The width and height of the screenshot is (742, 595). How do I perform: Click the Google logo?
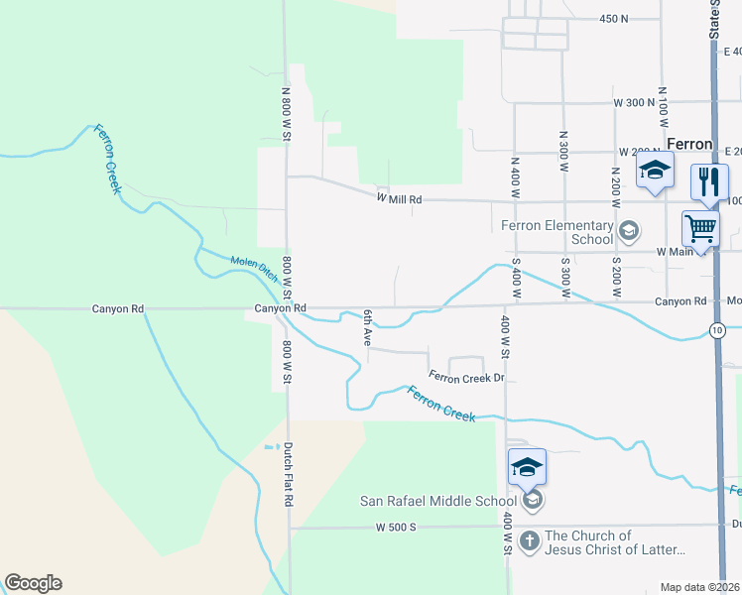[33, 583]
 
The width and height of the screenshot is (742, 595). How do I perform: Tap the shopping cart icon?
[700, 228]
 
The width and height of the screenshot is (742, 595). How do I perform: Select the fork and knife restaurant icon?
[709, 180]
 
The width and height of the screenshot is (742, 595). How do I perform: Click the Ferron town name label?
[689, 143]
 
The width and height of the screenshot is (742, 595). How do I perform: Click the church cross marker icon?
[530, 540]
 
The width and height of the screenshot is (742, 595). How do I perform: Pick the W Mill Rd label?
[399, 199]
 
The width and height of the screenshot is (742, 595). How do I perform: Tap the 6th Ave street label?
[366, 327]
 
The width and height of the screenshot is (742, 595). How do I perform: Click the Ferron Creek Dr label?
[467, 377]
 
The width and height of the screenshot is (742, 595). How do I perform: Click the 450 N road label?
[615, 19]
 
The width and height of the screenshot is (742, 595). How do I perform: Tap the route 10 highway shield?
[717, 328]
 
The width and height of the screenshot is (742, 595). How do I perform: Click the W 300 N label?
[634, 102]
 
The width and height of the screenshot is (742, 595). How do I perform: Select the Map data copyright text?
[698, 587]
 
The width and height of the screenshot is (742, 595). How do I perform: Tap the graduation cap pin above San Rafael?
[527, 466]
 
